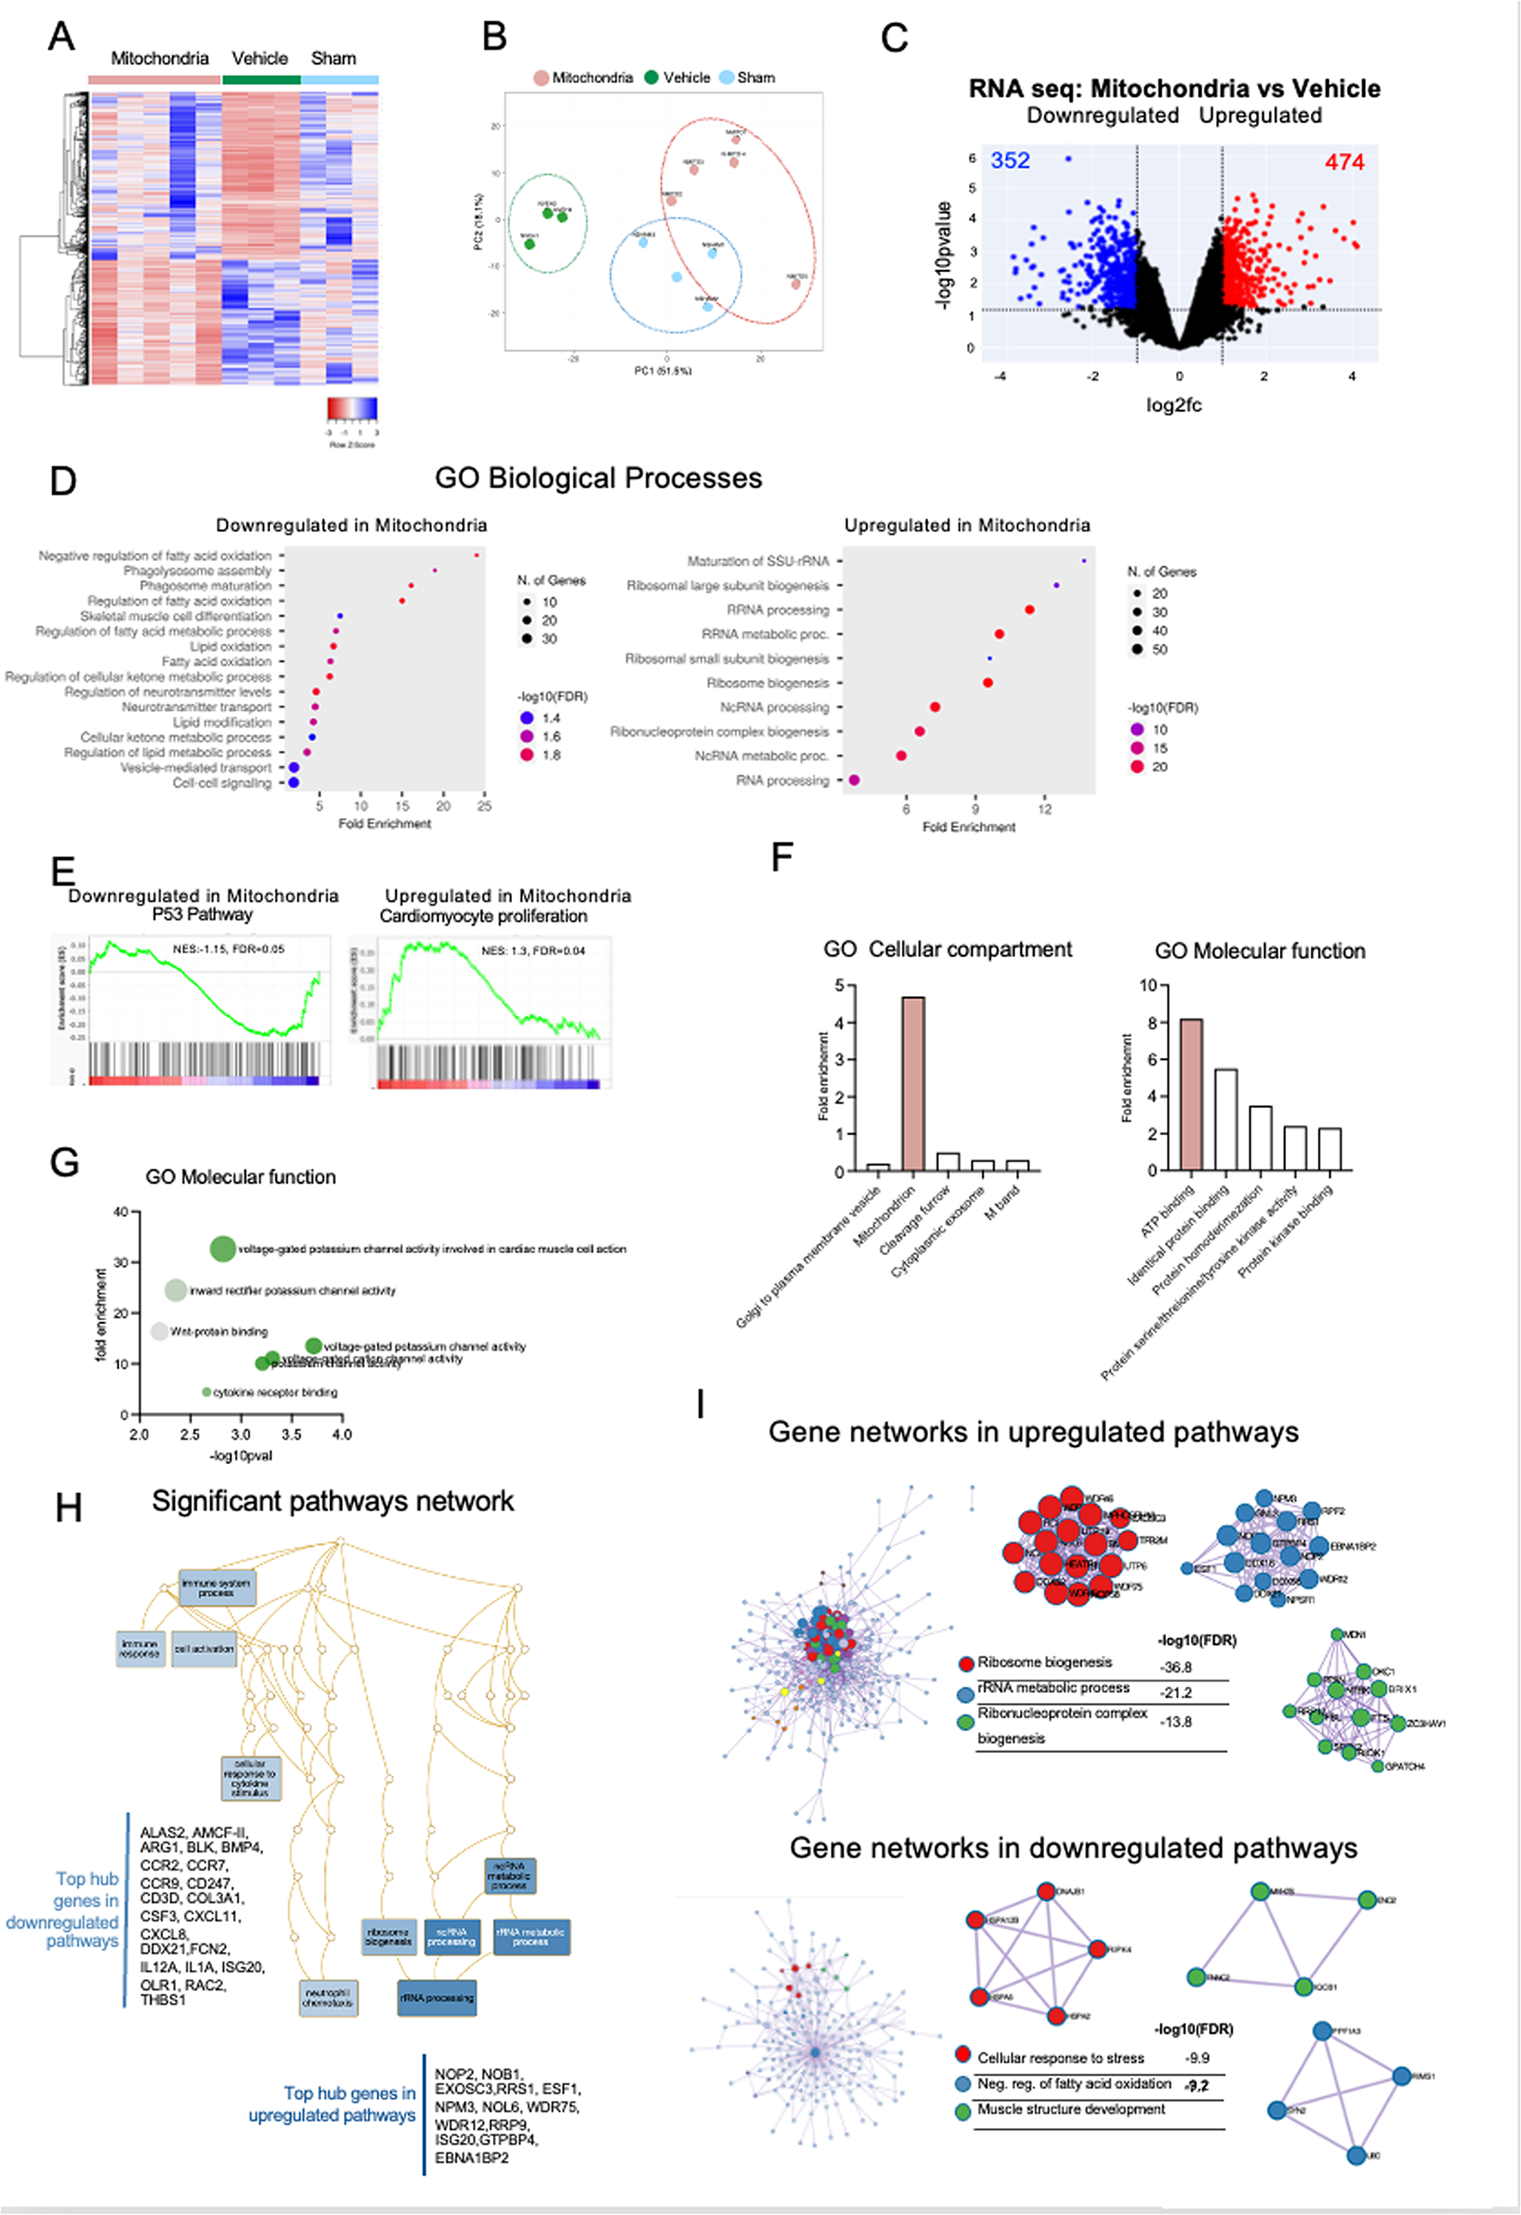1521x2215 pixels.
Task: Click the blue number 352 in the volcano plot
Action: tap(1009, 160)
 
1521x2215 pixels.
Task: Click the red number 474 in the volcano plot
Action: tap(1344, 162)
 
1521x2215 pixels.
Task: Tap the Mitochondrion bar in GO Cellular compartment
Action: tap(912, 1083)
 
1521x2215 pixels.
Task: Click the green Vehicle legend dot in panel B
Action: tap(652, 77)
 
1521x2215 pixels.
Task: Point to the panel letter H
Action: tap(69, 1508)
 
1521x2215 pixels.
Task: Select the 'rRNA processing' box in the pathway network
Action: tap(436, 1997)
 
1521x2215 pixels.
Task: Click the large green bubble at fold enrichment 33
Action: tap(222, 1247)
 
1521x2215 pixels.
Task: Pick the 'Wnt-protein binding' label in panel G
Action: tap(219, 1331)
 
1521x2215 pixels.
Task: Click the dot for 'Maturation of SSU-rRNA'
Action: tap(1084, 561)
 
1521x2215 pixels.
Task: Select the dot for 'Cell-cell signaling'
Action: tap(293, 783)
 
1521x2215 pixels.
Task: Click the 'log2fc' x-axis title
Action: tap(1173, 405)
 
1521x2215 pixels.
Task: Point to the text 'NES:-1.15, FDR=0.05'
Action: tap(228, 949)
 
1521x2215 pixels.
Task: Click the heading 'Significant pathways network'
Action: tap(333, 1501)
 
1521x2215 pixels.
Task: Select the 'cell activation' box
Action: tap(204, 1648)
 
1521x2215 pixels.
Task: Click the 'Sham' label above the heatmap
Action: tap(334, 58)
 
